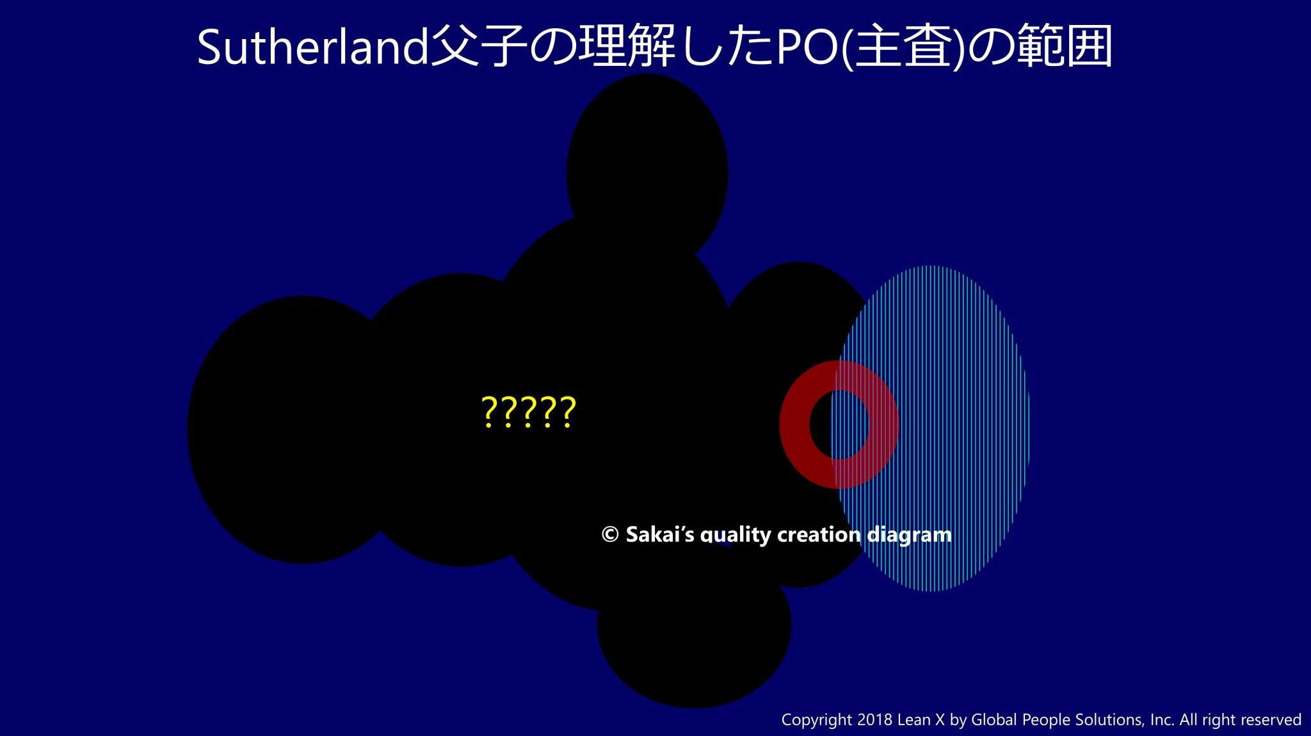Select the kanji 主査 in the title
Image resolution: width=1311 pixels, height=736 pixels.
pos(901,46)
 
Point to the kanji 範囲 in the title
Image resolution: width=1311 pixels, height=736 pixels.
pos(1065,46)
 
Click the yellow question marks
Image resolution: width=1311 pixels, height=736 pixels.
pos(529,412)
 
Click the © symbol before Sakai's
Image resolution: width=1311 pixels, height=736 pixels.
pos(610,534)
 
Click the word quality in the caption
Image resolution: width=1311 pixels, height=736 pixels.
pos(736,536)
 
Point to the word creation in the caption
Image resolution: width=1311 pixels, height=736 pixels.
pos(819,534)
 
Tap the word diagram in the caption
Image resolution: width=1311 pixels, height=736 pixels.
pos(909,536)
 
